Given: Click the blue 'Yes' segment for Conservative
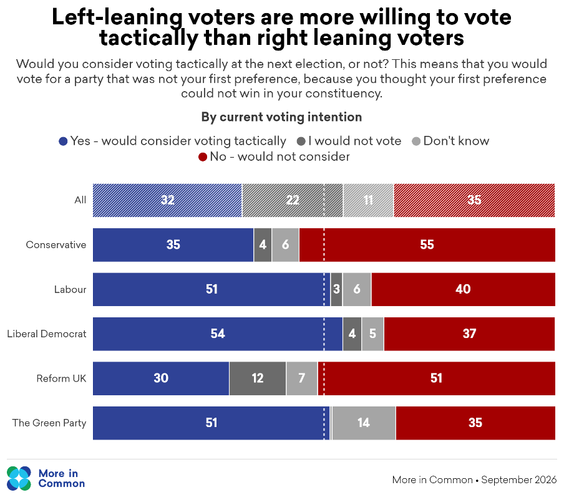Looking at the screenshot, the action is [x=173, y=245].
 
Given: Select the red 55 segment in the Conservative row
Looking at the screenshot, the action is [x=427, y=245].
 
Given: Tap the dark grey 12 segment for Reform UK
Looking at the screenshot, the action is [x=258, y=378].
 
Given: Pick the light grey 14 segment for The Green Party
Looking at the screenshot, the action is [x=364, y=423].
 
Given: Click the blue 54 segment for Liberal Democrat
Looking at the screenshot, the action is [x=218, y=334].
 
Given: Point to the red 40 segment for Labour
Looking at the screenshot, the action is [x=464, y=289].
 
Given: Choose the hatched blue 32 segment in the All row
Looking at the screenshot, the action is [x=167, y=200].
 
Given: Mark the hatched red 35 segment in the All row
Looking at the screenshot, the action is [x=474, y=200].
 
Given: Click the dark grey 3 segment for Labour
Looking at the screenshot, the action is [x=336, y=289].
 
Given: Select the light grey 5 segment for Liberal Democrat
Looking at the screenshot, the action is [x=372, y=334].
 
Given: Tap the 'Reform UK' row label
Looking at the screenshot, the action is [x=61, y=378].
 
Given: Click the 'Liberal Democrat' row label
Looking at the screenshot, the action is [x=47, y=334].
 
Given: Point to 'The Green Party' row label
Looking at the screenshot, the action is [x=49, y=423].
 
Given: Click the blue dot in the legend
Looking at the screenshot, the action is [x=63, y=142].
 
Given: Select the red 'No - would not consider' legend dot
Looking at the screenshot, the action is [x=203, y=157].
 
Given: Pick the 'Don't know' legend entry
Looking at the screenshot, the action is [x=450, y=141].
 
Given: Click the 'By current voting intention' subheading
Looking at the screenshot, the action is [x=281, y=117].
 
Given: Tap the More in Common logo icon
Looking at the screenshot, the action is [x=19, y=478].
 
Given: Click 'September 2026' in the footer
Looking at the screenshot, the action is [x=519, y=480].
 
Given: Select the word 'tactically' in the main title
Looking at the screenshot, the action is [x=149, y=39].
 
